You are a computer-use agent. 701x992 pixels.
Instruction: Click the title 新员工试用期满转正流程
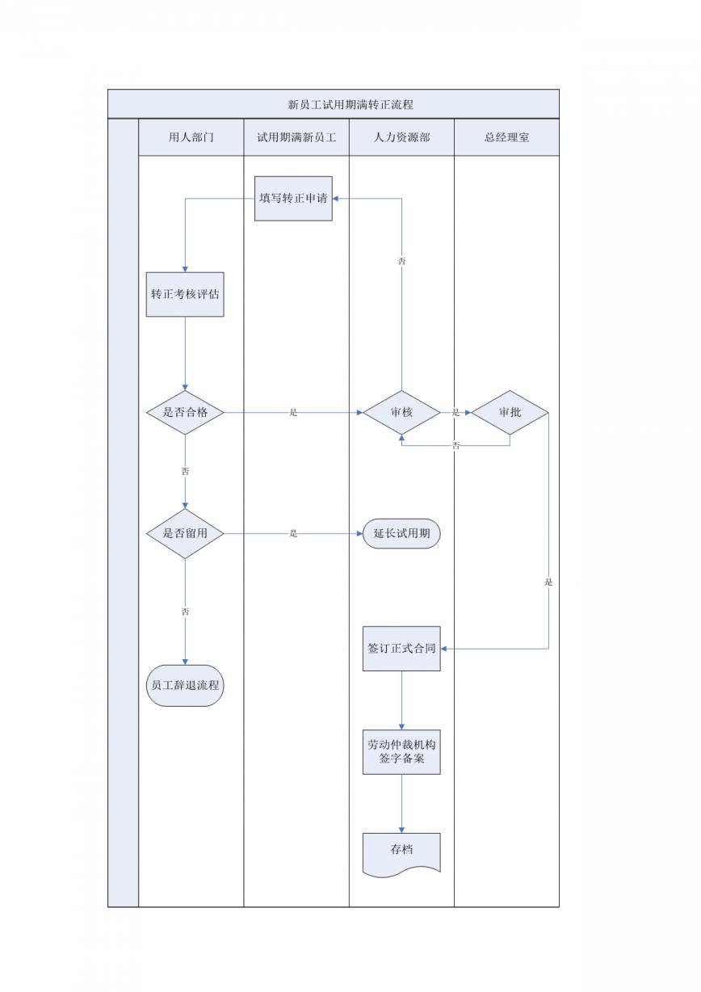[x=350, y=105]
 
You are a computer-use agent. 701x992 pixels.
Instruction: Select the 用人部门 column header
[x=191, y=137]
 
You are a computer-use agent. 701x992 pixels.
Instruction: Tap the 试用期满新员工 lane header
[x=296, y=137]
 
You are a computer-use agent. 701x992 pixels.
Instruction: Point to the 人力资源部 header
[x=401, y=137]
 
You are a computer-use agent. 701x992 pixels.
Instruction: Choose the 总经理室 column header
[x=506, y=137]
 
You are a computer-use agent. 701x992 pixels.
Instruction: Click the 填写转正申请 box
[x=293, y=199]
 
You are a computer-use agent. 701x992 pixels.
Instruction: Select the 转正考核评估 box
[x=185, y=295]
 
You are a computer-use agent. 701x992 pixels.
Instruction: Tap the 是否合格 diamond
[x=185, y=412]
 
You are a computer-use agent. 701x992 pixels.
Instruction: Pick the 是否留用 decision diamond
[x=185, y=533]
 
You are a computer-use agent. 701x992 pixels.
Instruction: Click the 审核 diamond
[x=401, y=412]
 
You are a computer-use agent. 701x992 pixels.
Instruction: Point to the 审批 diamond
[x=510, y=412]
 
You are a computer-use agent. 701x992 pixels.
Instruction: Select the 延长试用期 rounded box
[x=401, y=533]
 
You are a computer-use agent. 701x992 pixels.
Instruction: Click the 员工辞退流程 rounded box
[x=185, y=685]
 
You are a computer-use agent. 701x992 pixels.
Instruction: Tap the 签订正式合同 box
[x=401, y=649]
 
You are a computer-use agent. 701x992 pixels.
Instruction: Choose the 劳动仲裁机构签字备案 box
[x=401, y=752]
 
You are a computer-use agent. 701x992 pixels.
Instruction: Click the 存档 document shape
[x=401, y=853]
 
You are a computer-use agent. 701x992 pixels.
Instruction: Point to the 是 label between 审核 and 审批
[x=455, y=412]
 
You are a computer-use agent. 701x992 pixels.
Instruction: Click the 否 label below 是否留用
[x=185, y=612]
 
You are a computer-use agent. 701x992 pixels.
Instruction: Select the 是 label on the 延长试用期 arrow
[x=293, y=533]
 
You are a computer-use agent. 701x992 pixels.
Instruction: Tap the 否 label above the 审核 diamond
[x=401, y=261]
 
